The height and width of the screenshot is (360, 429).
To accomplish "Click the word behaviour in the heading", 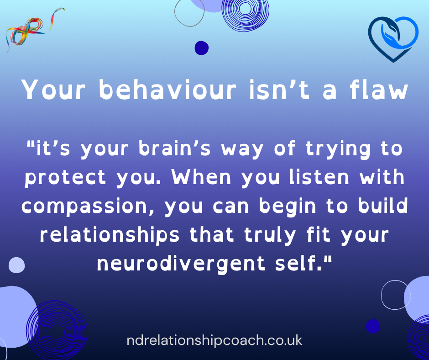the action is [x=167, y=90].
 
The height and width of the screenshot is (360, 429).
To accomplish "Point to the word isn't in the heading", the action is [x=279, y=90].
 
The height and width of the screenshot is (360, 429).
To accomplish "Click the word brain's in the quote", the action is [x=174, y=149].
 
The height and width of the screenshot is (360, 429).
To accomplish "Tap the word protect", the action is [x=65, y=178].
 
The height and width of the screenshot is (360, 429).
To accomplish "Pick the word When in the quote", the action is [x=201, y=178].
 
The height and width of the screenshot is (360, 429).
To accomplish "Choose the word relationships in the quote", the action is [x=110, y=235].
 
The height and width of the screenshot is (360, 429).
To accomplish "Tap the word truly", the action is [x=270, y=236].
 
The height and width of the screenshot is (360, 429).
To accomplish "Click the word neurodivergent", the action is [x=181, y=264].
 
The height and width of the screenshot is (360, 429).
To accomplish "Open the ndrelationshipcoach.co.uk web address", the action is [x=214, y=340].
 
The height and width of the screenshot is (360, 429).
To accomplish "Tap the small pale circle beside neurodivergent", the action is [x=17, y=265].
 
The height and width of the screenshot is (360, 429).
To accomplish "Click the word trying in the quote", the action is [x=338, y=149].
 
